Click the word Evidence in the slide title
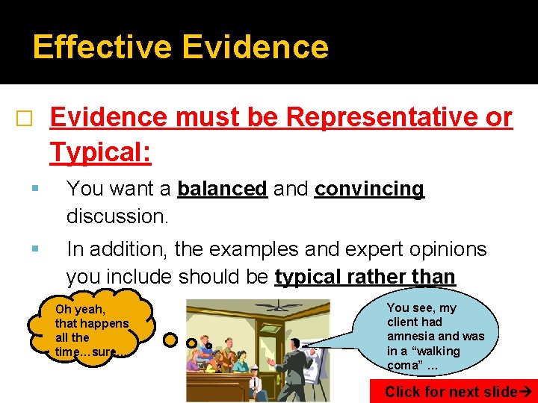(x=255, y=46)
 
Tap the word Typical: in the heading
(x=101, y=153)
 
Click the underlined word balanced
(x=222, y=190)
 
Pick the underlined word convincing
(x=369, y=190)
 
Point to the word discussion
(x=117, y=216)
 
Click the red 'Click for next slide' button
(x=453, y=392)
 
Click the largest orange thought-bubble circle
(x=171, y=340)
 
